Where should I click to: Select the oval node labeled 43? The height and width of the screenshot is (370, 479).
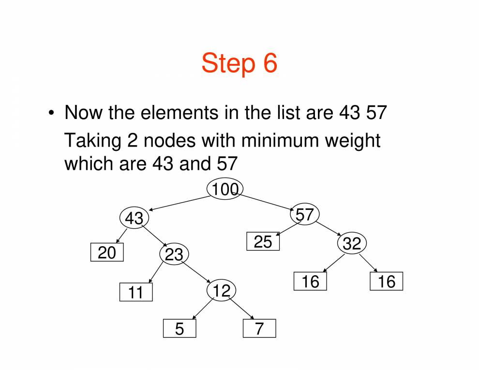135,219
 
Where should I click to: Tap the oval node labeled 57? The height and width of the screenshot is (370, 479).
305,214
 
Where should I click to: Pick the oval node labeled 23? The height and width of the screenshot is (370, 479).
174,254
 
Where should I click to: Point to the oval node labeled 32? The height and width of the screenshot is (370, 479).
352,243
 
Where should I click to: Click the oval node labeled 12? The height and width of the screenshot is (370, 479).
222,290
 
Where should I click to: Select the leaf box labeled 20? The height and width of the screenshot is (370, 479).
107,252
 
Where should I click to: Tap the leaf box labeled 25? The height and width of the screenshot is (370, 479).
263,241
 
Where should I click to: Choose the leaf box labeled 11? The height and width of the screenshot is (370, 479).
136,292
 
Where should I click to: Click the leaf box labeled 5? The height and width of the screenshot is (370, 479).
180,328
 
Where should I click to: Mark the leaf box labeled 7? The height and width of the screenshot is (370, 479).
259,328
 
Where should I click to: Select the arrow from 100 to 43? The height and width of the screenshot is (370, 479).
179,203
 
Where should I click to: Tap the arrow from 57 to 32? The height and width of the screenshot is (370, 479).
329,228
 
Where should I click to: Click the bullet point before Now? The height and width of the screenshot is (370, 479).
51,114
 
